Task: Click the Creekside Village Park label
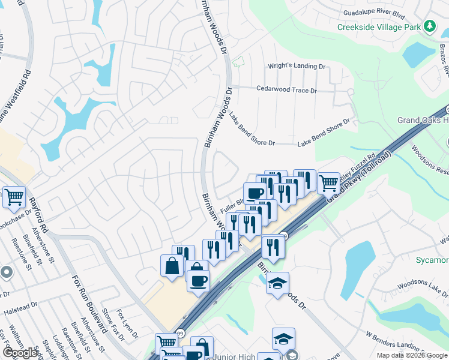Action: pos(379,27)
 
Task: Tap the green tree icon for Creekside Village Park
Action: pos(429,26)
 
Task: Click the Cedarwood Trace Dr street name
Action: pos(286,90)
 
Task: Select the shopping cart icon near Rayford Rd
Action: pos(14,196)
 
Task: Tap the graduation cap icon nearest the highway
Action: pos(277,283)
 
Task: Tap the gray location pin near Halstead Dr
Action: pos(6,272)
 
